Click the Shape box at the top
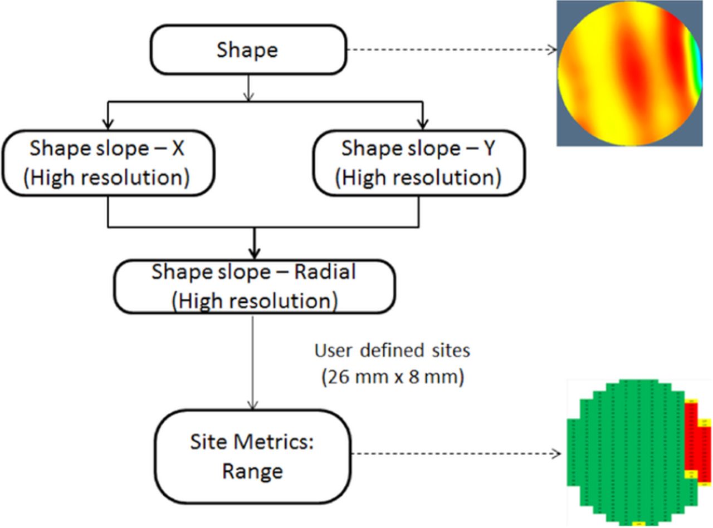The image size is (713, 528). pos(248,50)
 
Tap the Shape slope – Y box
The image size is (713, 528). pos(418,163)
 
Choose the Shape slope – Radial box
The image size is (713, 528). pos(254,286)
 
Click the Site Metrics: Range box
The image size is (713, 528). pos(252,457)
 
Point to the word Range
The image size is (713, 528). pos(252,471)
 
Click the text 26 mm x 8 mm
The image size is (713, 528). pos(392,378)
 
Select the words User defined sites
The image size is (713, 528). pos(392,351)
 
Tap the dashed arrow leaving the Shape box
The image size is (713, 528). pos(451,50)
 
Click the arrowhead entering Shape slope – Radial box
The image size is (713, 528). pos(254,253)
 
